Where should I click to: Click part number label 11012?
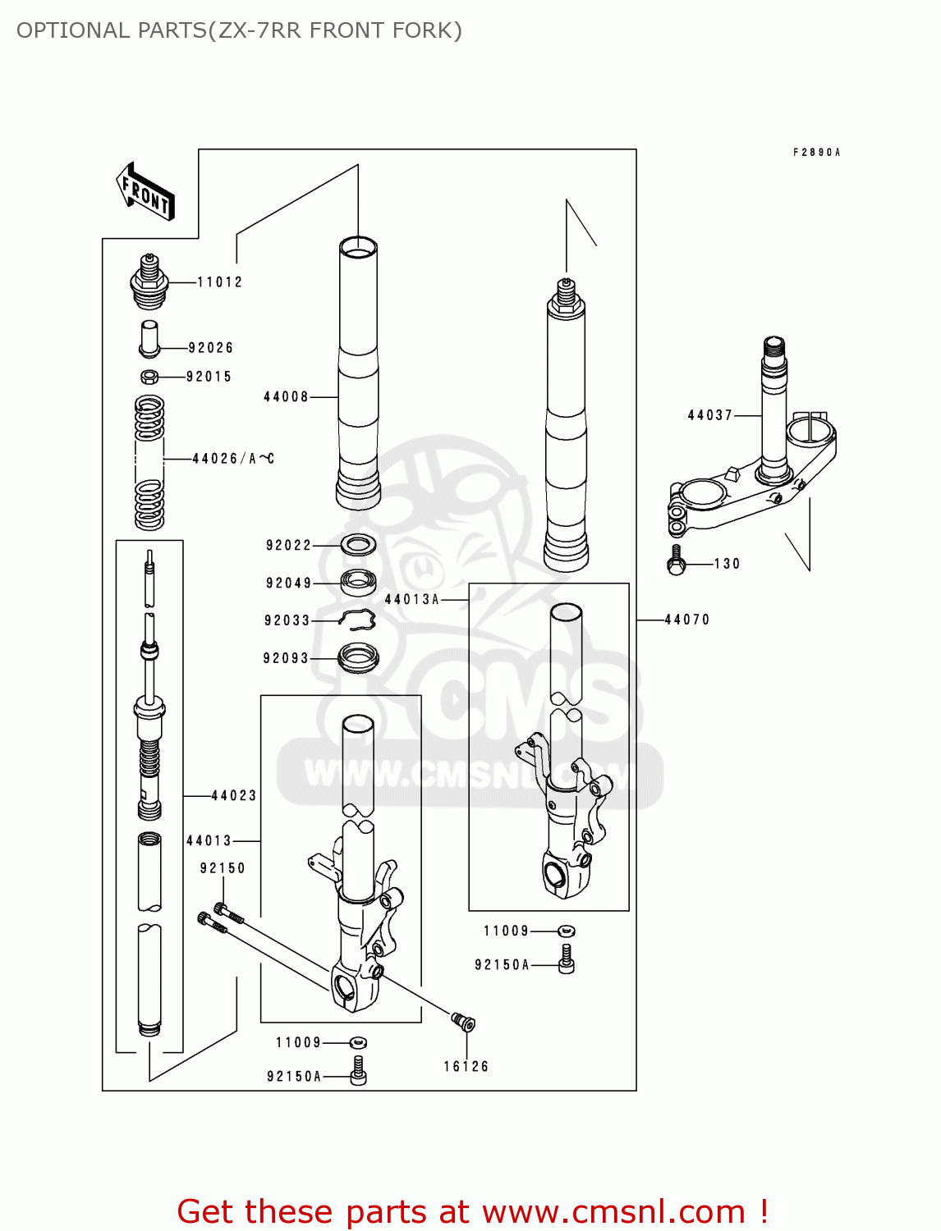(219, 282)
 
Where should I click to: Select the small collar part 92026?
(149, 338)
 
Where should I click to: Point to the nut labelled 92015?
(149, 377)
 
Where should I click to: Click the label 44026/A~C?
(233, 459)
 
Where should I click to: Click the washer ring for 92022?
(358, 544)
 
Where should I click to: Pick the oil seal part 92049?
(358, 582)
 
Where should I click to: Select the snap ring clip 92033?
(358, 621)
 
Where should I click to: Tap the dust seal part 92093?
(358, 657)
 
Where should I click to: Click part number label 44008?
(286, 397)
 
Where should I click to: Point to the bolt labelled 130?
(676, 561)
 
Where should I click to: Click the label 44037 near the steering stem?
(709, 415)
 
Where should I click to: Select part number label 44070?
(686, 620)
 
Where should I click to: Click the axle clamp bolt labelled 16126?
(464, 1023)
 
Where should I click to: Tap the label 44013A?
(412, 600)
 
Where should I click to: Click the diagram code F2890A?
(816, 153)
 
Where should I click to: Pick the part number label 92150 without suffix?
(223, 868)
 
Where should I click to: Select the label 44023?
(234, 796)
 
